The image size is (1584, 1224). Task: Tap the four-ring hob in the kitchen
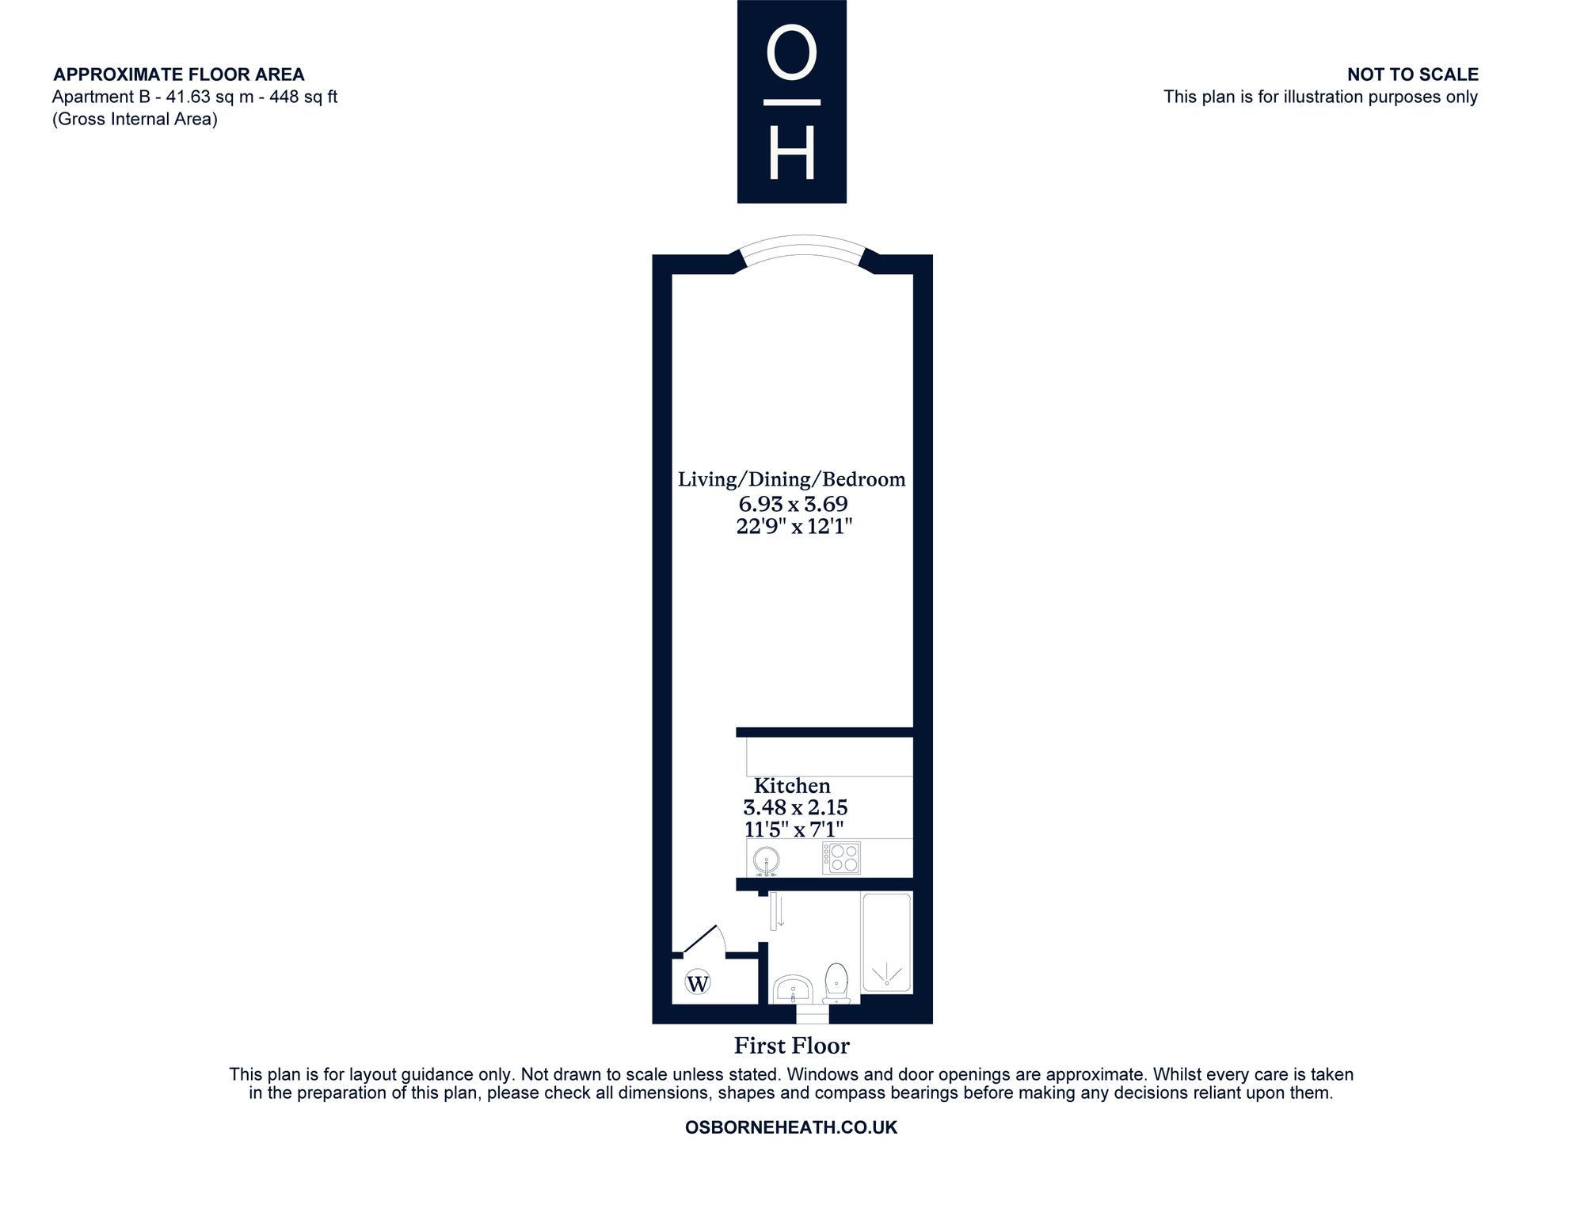[x=841, y=858]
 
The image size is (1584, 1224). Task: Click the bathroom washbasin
[x=793, y=989]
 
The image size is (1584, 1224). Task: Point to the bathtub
[x=887, y=943]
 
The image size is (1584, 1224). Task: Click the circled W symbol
[x=698, y=983]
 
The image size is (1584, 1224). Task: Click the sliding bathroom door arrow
[x=782, y=909]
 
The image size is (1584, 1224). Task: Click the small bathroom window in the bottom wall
[x=812, y=1014]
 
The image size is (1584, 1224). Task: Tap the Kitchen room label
[x=792, y=786]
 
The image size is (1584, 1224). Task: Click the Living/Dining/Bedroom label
[x=792, y=479]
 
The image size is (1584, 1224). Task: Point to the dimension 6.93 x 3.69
[x=794, y=504]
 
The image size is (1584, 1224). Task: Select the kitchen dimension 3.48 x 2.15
[x=795, y=808]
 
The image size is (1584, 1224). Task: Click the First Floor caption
[x=792, y=1046]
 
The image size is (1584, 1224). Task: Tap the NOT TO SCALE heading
[x=1413, y=74]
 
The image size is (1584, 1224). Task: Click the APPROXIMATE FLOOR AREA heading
[x=179, y=74]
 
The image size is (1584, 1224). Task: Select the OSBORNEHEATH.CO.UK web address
[x=791, y=1127]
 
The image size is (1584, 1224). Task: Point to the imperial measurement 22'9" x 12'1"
[x=794, y=526]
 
